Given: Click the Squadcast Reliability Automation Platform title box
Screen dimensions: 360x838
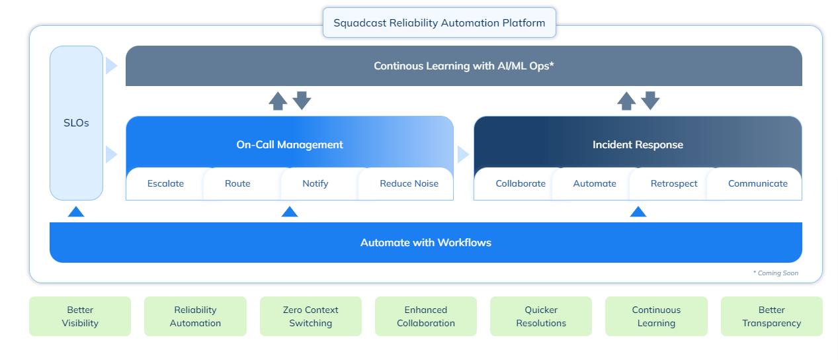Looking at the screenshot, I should (439, 23).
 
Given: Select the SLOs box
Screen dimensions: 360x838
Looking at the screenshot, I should (76, 123).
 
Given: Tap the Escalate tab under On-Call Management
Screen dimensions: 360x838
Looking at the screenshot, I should (165, 184).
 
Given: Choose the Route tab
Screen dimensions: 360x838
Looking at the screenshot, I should (237, 184).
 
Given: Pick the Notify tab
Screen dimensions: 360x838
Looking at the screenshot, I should (315, 184).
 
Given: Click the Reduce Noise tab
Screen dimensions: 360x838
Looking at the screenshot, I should (409, 184).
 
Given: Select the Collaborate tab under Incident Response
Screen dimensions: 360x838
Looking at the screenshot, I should (521, 184).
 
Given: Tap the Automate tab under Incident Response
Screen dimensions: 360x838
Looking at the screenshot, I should (595, 184).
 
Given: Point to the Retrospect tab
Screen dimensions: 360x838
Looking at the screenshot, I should (673, 184).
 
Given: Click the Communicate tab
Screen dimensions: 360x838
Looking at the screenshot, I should (757, 184).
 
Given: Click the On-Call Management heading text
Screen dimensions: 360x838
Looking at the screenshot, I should (290, 144).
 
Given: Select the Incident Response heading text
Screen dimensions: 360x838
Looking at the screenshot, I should (638, 144).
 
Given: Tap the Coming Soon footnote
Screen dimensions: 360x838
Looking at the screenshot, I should (775, 273).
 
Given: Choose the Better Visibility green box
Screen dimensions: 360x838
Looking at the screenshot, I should (80, 316).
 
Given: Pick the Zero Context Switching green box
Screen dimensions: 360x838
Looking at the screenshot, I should (310, 316).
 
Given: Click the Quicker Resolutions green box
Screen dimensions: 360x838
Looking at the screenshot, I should (541, 316).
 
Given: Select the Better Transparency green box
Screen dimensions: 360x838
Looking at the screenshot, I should (771, 316).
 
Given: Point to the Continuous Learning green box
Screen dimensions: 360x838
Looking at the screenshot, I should (656, 316).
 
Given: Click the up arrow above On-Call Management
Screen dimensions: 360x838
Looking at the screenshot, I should (278, 101).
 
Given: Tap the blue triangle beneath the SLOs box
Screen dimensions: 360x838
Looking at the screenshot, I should (76, 212).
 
